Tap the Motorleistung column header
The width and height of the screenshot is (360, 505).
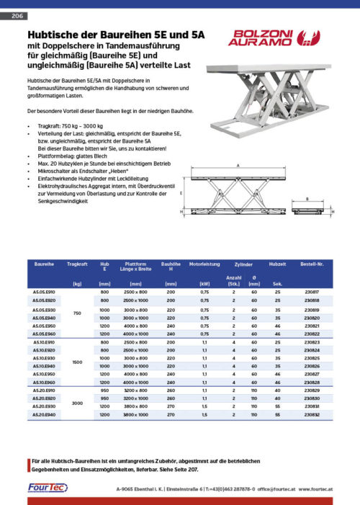point(204,265)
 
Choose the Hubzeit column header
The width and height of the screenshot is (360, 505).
point(277,265)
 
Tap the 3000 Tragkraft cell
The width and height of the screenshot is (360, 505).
point(76,403)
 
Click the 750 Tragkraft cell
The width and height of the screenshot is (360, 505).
point(76,312)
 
